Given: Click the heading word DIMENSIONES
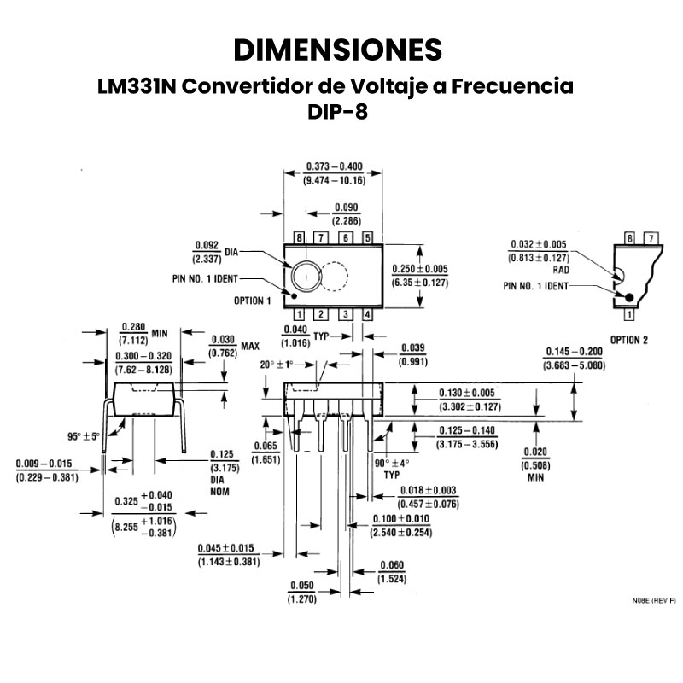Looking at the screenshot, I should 338,50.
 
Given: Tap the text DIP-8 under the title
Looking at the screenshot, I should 338,111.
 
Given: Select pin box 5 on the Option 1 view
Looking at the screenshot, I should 368,237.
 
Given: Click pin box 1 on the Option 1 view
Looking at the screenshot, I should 300,315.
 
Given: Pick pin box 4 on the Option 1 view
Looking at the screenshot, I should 368,315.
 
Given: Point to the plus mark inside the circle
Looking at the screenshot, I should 306,277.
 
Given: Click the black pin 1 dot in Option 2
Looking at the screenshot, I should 630,297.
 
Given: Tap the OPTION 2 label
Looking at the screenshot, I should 629,340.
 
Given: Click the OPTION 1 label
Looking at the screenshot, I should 252,301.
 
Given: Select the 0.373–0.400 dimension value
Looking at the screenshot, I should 334,166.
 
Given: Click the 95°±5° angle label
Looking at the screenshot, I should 84,436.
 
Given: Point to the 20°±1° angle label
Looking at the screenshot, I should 277,365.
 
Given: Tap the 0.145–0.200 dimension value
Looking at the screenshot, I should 574,352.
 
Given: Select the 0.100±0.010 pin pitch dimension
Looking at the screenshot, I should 400,519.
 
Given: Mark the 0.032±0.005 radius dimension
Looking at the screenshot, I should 539,244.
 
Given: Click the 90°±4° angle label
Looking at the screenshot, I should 392,463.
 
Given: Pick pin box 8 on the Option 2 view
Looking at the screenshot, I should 630,237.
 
